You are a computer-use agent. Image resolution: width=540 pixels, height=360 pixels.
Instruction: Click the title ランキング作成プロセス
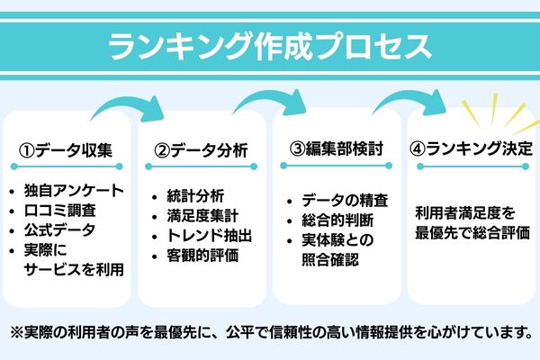[269, 46]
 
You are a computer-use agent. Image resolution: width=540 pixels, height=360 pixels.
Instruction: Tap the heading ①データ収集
[67, 149]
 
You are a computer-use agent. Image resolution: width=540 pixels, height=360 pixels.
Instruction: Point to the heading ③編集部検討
[336, 149]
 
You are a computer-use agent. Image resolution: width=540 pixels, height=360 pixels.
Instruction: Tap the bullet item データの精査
[343, 202]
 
